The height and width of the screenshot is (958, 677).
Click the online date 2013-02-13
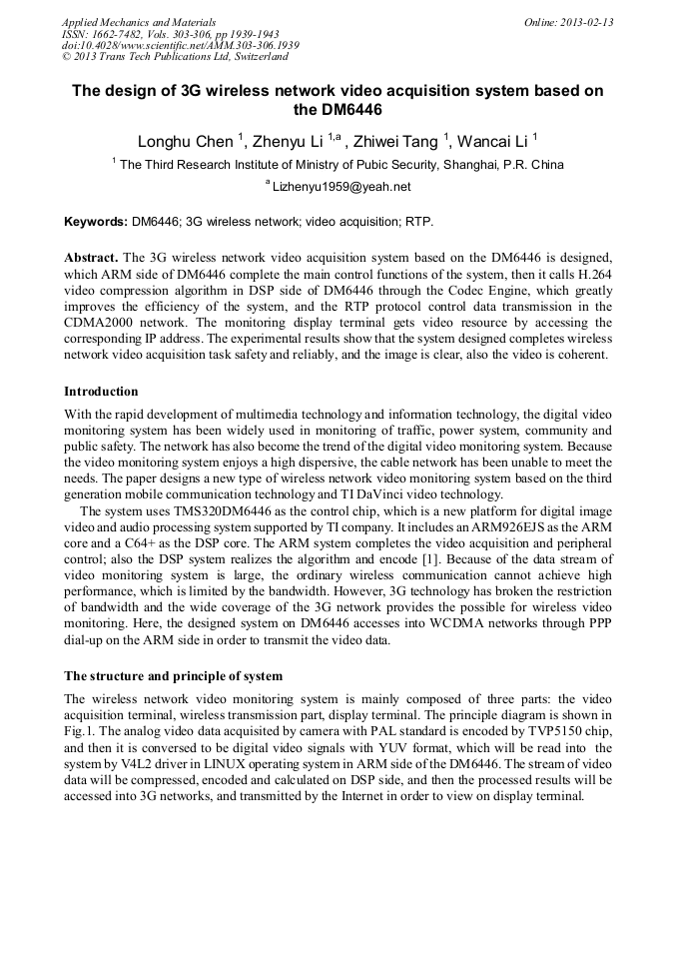tap(587, 22)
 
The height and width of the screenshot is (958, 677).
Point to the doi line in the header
tap(180, 46)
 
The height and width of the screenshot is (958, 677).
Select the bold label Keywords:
tap(97, 221)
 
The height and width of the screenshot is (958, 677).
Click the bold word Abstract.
tap(92, 257)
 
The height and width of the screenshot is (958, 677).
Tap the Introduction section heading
tap(101, 391)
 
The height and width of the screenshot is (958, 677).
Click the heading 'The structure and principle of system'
tap(173, 676)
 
